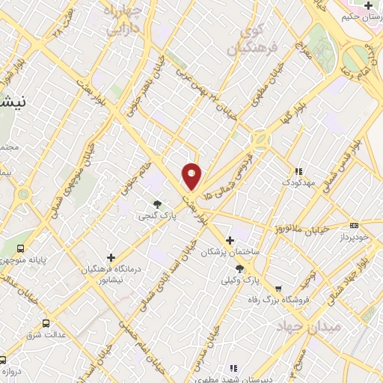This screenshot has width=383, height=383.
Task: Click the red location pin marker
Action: pyautogui.click(x=192, y=175)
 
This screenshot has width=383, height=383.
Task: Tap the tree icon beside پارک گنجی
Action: pyautogui.click(x=157, y=203)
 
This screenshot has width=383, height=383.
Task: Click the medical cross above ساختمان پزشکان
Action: pyautogui.click(x=230, y=240)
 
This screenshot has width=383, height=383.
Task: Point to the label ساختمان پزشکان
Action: pyautogui.click(x=230, y=253)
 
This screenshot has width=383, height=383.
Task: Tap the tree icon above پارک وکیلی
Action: pyautogui.click(x=239, y=269)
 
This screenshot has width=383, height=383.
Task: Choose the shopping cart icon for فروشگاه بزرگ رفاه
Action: pyautogui.click(x=278, y=288)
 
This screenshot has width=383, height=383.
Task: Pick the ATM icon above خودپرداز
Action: pyautogui.click(x=354, y=224)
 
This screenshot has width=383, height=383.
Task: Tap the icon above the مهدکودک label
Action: pyautogui.click(x=299, y=171)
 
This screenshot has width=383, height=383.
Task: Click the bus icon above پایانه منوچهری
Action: pyautogui.click(x=20, y=248)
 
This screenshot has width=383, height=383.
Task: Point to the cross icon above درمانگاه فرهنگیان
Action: pyautogui.click(x=111, y=258)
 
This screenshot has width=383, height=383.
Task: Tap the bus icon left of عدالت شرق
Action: pyautogui.click(x=46, y=323)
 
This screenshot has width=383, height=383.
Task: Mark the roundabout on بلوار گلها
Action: pyautogui.click(x=260, y=138)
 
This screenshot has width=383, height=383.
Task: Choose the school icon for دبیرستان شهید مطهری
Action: pyautogui.click(x=233, y=368)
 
